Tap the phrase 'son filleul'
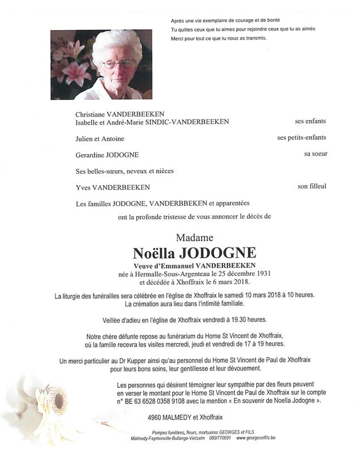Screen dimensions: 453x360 point(312,186)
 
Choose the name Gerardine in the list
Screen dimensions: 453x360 point(92,155)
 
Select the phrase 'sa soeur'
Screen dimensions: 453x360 point(315,154)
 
